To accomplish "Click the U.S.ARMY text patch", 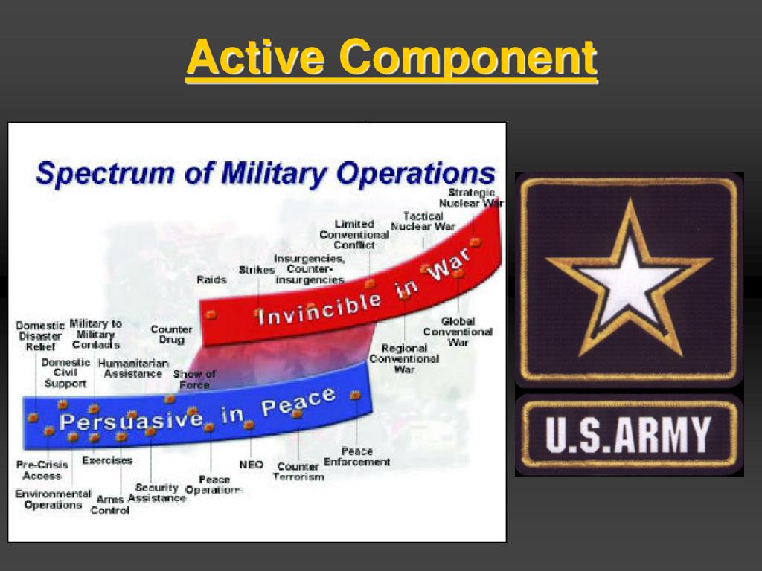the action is (630, 435).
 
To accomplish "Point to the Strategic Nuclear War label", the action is (471, 198).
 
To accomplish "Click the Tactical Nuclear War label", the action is (423, 222).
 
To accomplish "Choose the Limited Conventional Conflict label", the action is (354, 234).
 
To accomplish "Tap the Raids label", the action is (211, 280).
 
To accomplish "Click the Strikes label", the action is (257, 269).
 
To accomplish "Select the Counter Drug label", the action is (171, 334).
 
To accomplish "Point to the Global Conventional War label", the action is (458, 332).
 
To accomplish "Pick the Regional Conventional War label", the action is (404, 359).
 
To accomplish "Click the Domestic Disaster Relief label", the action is (40, 335).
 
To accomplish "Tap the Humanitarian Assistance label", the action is (133, 369).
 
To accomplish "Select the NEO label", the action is (251, 465).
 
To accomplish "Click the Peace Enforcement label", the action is (356, 457).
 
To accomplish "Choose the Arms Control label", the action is (110, 505).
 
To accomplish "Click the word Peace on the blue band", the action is (298, 402).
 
